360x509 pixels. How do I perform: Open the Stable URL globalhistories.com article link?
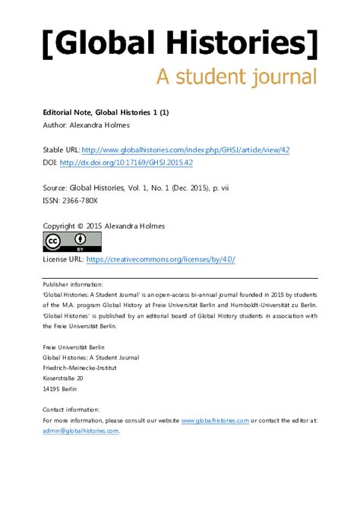[185, 150]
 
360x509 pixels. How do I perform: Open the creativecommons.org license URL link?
[161, 259]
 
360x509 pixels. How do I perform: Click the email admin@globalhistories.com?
[81, 430]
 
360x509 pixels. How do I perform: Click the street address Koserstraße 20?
[63, 377]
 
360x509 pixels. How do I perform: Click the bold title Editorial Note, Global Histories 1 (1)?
[106, 112]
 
